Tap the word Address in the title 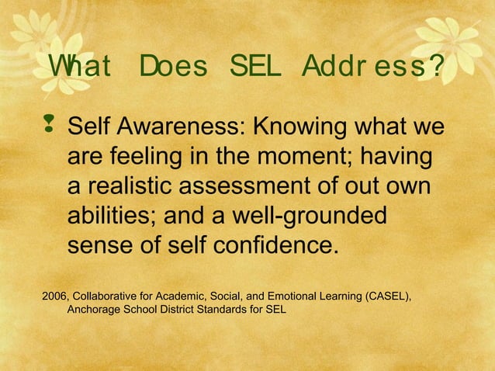pyautogui.click(x=368, y=69)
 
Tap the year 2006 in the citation pyautogui.click(x=54, y=296)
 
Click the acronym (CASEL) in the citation pyautogui.click(x=383, y=296)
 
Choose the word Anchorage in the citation pyautogui.click(x=95, y=310)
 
